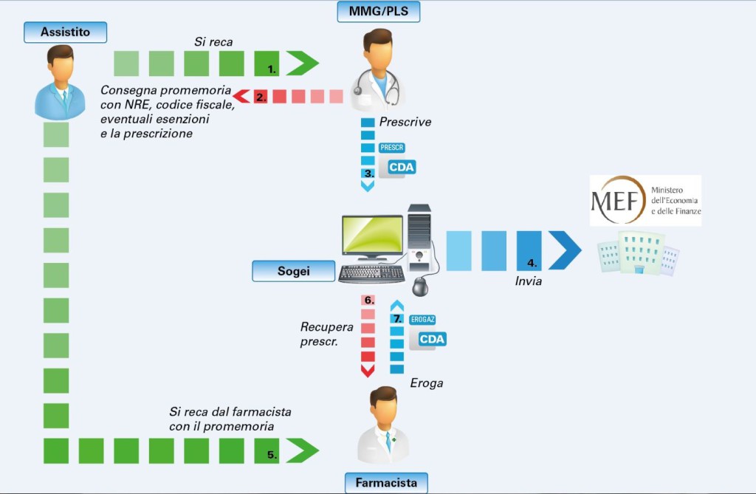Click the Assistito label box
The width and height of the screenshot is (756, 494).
click(65, 32)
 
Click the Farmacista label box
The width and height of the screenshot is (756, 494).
click(386, 484)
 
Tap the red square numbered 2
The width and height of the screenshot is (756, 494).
click(261, 96)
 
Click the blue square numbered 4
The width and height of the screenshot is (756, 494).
click(529, 250)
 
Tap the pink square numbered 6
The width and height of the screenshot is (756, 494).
click(368, 301)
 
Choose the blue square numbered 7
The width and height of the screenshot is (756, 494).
click(397, 319)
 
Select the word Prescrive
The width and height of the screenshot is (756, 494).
click(405, 122)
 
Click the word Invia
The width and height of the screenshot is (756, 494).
click(529, 281)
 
